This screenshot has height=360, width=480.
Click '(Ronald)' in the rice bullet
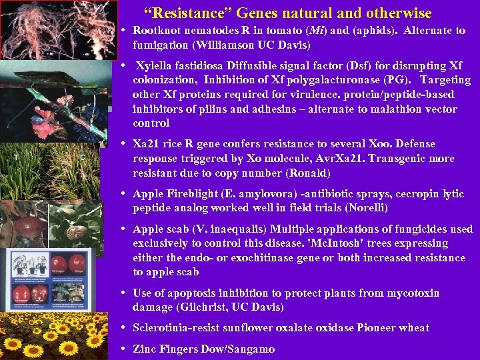coord(307,173)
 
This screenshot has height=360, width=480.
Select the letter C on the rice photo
coord(82,157)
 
